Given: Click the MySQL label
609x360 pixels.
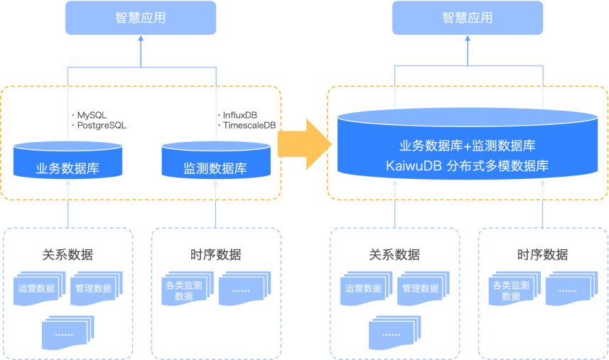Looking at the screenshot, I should point(92,115).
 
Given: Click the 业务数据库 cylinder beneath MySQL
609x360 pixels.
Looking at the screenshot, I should point(68,162).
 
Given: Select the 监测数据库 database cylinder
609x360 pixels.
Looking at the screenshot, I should point(215,162).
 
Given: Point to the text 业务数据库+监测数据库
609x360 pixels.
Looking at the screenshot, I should point(468,146).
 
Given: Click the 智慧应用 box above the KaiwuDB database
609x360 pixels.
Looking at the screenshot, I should point(467,18).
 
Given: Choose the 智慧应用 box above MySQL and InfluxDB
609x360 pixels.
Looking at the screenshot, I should point(140,18).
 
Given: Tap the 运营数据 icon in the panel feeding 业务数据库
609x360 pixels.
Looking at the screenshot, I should point(36,288).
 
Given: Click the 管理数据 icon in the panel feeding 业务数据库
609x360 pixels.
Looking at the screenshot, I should point(93,288).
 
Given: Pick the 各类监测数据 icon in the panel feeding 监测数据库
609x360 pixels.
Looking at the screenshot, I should point(184,290).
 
